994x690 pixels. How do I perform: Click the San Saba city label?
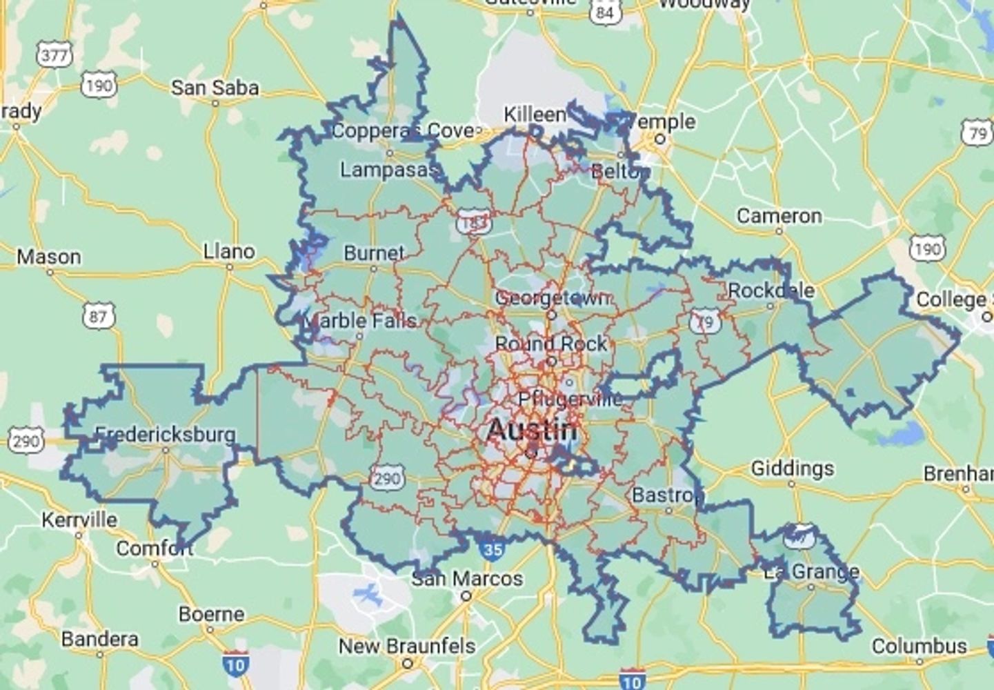tap(215, 88)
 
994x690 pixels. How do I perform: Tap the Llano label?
tap(229, 252)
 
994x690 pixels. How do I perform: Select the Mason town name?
tap(49, 257)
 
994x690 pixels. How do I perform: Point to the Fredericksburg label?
tap(165, 435)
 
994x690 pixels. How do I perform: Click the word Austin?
tap(531, 430)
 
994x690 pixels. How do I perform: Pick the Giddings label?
tap(792, 469)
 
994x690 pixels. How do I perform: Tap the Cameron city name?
tap(779, 217)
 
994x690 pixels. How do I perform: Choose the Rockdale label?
tap(771, 290)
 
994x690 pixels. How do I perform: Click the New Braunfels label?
tap(406, 647)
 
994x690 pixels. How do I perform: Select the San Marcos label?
tap(467, 578)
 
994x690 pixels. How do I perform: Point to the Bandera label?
tap(99, 639)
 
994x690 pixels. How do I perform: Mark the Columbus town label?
tap(919, 647)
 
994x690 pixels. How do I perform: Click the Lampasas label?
tap(388, 170)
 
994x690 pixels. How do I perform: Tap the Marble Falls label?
tap(360, 321)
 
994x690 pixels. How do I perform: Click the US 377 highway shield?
tap(54, 55)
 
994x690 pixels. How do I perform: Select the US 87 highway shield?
tap(99, 317)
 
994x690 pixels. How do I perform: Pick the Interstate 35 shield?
tap(492, 549)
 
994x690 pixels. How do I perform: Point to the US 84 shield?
tap(605, 12)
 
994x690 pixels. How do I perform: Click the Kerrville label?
tap(79, 520)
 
